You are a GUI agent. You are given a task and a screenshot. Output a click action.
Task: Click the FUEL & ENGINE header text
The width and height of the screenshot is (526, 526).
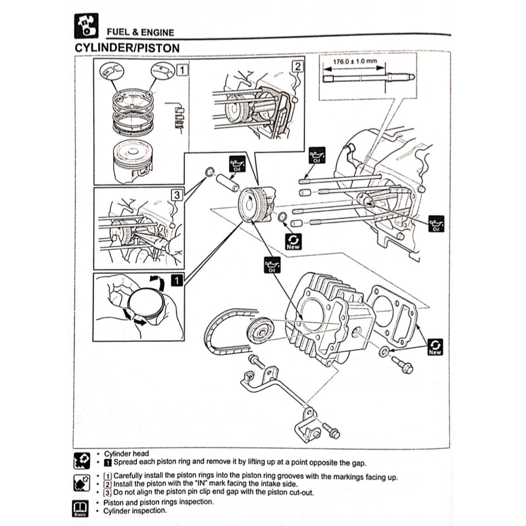[140, 32]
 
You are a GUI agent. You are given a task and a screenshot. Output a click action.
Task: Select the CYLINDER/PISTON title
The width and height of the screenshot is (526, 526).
[127, 48]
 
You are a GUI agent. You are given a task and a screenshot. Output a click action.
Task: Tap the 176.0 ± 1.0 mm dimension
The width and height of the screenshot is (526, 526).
[355, 61]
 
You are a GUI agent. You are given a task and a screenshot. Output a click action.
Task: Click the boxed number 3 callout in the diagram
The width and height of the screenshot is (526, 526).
[176, 195]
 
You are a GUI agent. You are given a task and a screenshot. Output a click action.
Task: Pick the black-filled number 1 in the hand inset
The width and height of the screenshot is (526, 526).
[176, 281]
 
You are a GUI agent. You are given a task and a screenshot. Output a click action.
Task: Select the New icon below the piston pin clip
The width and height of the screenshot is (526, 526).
[293, 241]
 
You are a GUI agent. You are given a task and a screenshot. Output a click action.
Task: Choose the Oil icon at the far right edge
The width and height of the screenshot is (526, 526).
[436, 224]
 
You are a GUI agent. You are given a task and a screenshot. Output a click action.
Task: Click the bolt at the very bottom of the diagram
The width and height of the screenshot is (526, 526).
[331, 431]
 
